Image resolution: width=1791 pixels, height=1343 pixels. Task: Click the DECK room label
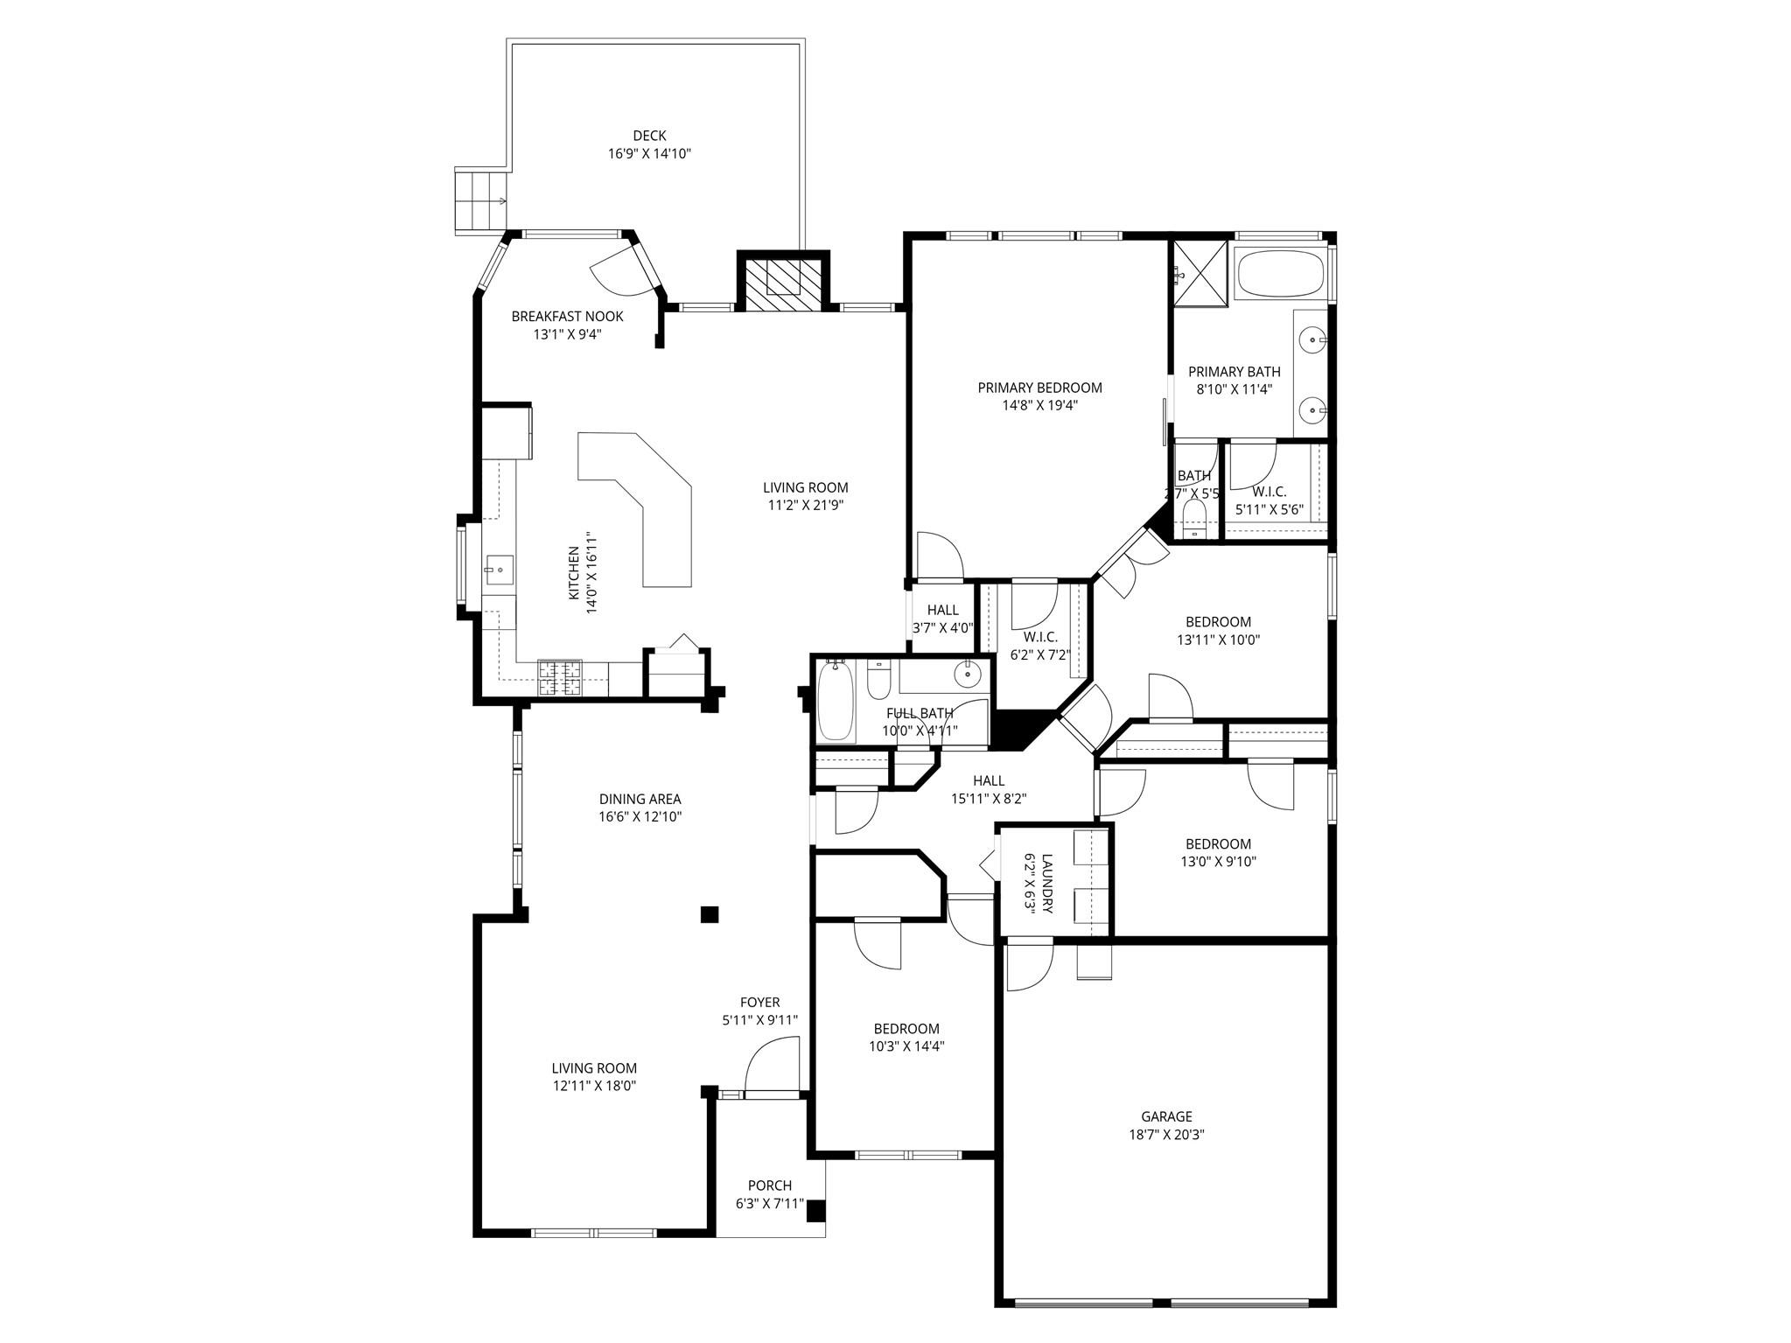point(649,136)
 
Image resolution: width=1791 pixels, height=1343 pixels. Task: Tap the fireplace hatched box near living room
point(783,281)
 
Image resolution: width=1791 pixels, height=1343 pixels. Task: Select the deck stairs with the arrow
point(481,200)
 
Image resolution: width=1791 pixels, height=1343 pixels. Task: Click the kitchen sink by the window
point(499,570)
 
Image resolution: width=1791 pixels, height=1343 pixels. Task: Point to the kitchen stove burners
point(559,678)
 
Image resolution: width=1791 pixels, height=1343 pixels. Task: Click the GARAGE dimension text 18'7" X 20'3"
point(1166,1135)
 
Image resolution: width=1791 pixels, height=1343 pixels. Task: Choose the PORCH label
point(770,1186)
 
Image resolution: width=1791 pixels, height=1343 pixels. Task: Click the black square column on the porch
point(815,1211)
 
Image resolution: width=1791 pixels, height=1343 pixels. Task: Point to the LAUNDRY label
point(1047,884)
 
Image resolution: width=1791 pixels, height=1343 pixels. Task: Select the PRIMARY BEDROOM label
point(1039,388)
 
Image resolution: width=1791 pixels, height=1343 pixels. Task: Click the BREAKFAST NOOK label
point(567,316)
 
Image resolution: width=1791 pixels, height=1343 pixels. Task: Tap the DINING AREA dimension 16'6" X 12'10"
point(640,817)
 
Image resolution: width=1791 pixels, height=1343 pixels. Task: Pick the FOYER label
point(759,1003)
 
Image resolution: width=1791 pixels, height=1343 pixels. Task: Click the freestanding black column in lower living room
point(710,915)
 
